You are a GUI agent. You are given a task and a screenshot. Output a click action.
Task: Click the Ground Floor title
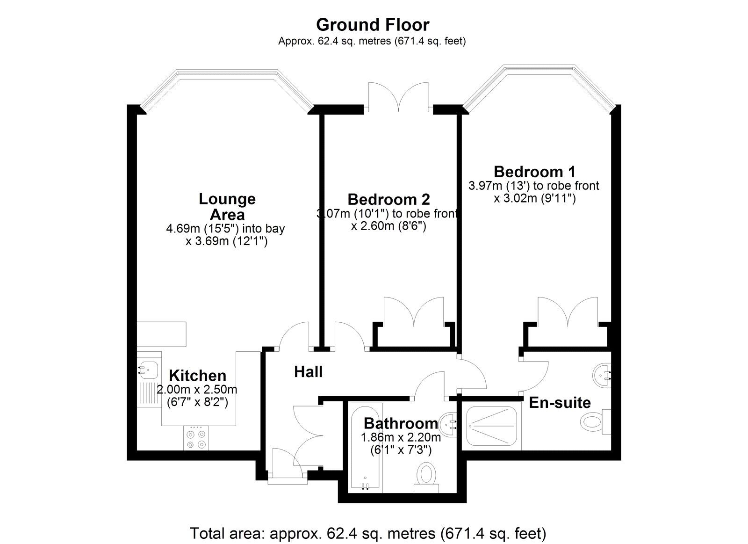click(x=373, y=25)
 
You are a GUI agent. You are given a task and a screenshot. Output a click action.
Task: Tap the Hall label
click(x=308, y=372)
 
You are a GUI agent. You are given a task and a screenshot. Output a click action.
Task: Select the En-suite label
click(x=560, y=403)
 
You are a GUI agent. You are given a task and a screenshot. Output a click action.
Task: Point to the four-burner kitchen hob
click(x=196, y=439)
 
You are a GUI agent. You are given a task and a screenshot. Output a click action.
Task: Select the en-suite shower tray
click(x=491, y=426)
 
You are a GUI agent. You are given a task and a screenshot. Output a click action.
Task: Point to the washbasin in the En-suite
click(x=603, y=376)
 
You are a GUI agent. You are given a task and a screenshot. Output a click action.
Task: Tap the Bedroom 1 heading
click(x=535, y=172)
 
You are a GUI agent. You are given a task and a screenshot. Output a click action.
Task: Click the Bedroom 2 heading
click(x=388, y=199)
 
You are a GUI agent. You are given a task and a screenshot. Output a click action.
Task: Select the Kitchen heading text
click(x=198, y=376)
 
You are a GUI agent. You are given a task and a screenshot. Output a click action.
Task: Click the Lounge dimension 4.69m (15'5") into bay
click(x=225, y=229)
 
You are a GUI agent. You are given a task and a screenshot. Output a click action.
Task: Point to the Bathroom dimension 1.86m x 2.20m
click(x=401, y=437)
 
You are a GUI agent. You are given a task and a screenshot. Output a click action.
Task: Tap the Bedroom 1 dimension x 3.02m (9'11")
click(x=535, y=198)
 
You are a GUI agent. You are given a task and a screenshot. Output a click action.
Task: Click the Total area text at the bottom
click(x=368, y=533)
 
